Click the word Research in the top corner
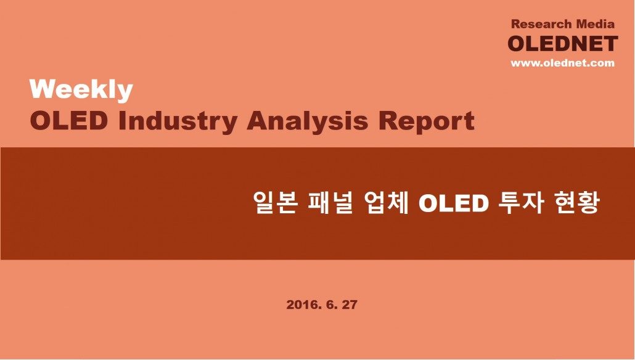pos(542,24)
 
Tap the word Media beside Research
pos(596,24)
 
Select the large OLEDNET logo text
pos(563,44)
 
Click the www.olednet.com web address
pos(562,63)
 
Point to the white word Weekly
pos(81,90)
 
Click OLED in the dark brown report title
pos(69,121)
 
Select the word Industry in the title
pos(178,121)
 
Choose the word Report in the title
pos(427,121)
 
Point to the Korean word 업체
pos(385,202)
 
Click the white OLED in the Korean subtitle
pos(453,203)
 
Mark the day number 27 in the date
pos(350,305)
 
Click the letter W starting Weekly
pos(42,89)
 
